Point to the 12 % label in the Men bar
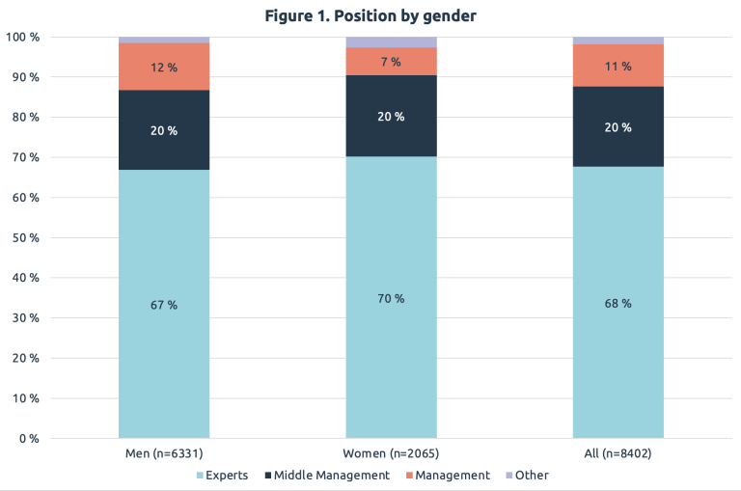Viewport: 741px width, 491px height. pyautogui.click(x=164, y=68)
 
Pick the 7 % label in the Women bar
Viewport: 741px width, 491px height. pyautogui.click(x=391, y=62)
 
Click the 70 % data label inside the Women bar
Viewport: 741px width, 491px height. pyautogui.click(x=391, y=299)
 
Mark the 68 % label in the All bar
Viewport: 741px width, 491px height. pyautogui.click(x=618, y=304)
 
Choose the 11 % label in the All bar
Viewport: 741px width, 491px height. pyautogui.click(x=618, y=67)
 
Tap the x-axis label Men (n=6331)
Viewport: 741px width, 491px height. pyautogui.click(x=164, y=452)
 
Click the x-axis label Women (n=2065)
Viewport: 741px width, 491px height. pyautogui.click(x=391, y=452)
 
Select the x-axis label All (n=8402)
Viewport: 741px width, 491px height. pyautogui.click(x=618, y=452)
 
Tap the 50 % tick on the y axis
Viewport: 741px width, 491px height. pyautogui.click(x=25, y=237)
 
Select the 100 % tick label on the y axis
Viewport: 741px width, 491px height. pyautogui.click(x=22, y=37)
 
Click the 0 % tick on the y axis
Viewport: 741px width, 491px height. pyautogui.click(x=28, y=439)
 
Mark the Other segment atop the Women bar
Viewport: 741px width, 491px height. pyautogui.click(x=391, y=42)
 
